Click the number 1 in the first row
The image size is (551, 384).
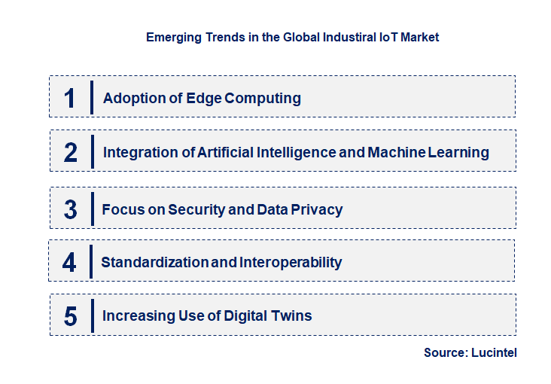(70, 98)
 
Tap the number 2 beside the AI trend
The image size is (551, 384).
(70, 152)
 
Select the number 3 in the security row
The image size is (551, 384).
(70, 209)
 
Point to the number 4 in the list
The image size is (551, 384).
(69, 262)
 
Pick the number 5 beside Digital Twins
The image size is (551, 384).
(70, 315)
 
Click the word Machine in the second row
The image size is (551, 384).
(396, 152)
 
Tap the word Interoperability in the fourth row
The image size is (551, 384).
(291, 262)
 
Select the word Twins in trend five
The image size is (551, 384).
(290, 315)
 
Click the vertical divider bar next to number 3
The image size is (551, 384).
(91, 209)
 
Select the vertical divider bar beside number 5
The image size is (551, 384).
(91, 315)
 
